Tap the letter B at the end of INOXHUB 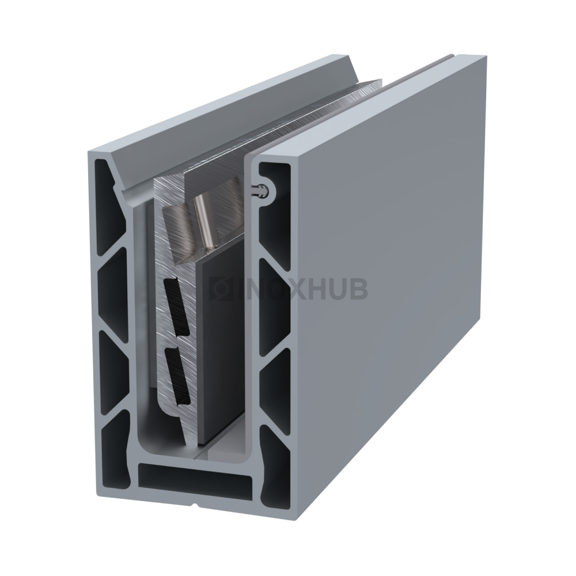click(358, 289)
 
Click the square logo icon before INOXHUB click(219, 289)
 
